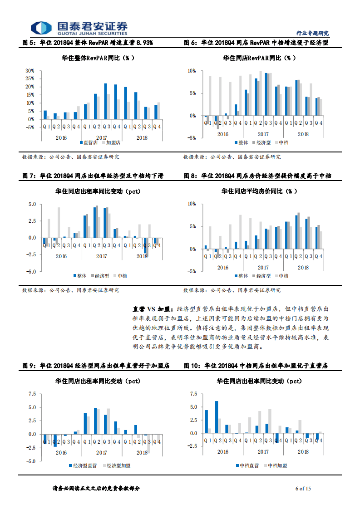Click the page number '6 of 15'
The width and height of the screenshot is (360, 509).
tap(303, 489)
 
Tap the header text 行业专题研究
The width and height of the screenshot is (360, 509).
tap(312, 33)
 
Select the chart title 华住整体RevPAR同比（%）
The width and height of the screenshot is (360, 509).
tap(98, 58)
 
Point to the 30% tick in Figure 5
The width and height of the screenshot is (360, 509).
tap(30, 71)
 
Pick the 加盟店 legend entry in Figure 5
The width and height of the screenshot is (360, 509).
tap(112, 142)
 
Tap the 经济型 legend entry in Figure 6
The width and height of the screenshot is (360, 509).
tap(261, 142)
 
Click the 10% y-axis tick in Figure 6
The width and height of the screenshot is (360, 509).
tap(192, 71)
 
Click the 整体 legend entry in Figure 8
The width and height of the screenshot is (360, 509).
tap(242, 275)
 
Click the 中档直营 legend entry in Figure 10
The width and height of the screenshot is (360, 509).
tap(247, 465)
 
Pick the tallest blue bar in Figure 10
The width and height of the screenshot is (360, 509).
tap(217, 417)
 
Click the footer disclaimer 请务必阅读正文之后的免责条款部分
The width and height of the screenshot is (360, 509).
tap(97, 489)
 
